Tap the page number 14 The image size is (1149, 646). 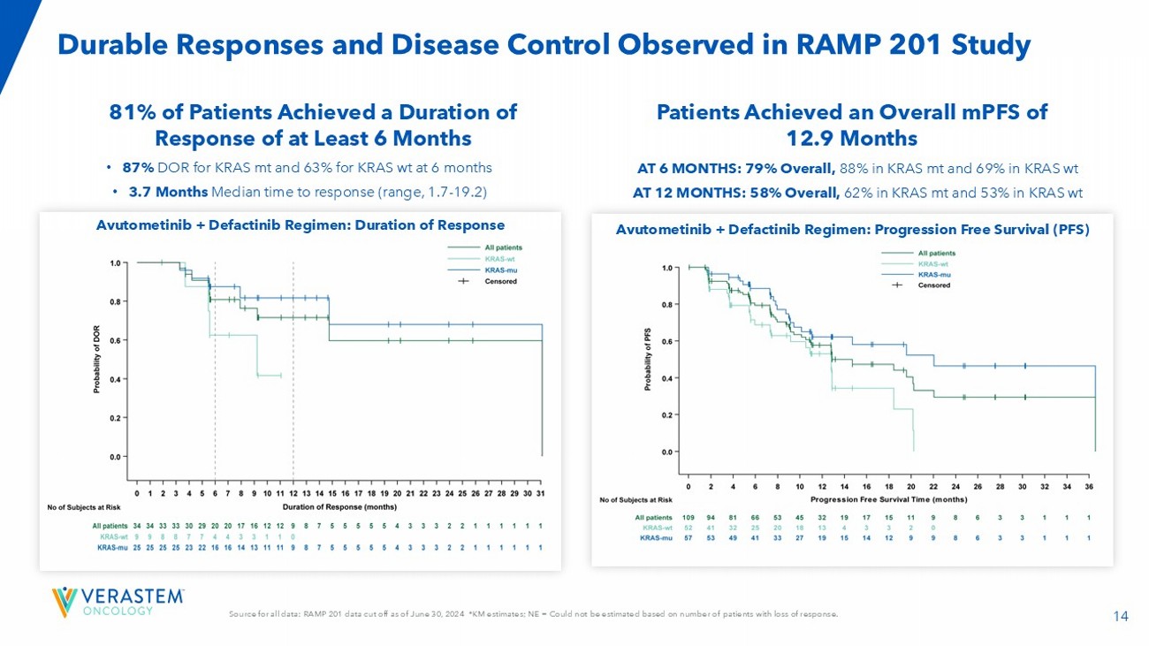click(1121, 616)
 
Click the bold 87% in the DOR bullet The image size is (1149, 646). click(139, 167)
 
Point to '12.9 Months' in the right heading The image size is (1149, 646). click(851, 139)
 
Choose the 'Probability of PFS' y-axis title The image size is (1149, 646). click(648, 360)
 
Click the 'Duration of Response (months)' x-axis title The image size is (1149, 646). click(339, 507)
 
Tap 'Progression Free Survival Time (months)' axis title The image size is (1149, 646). click(888, 498)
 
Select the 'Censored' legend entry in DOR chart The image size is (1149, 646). click(499, 281)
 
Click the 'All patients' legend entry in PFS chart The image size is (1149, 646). click(936, 253)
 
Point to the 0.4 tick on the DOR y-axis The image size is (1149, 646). click(115, 379)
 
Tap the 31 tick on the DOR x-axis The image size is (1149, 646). click(540, 493)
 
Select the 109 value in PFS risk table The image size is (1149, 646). click(689, 517)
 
